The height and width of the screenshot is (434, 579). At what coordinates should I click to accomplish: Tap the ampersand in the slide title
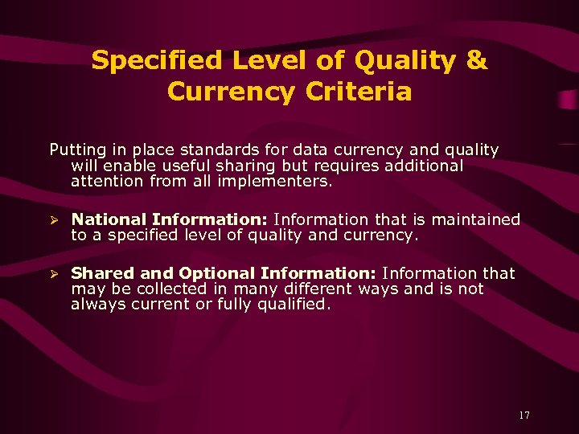tap(476, 60)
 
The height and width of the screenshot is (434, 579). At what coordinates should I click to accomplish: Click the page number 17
tap(524, 416)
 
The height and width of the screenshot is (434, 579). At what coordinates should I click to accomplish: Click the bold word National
tap(109, 219)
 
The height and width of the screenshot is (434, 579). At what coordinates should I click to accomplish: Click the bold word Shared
tap(97, 273)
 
